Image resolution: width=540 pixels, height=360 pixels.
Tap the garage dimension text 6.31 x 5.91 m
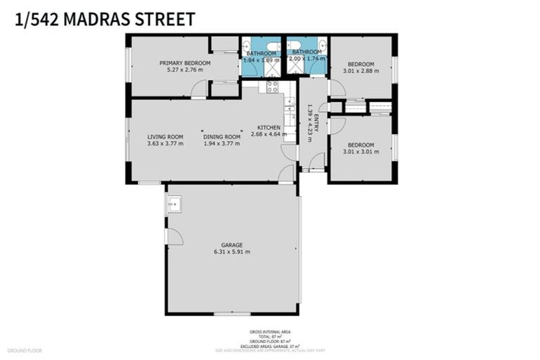pos(231,252)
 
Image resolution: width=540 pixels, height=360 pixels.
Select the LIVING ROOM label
pos(165,136)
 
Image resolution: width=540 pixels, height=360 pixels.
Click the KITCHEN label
pos(269,127)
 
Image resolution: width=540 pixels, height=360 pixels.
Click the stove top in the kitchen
pos(271,87)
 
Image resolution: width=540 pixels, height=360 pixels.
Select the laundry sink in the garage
pos(174,205)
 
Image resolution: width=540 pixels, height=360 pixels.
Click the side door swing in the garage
pos(174,237)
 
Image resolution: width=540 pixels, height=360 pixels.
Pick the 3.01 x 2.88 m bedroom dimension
pos(361,70)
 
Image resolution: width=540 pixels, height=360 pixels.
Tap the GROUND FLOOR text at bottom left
pos(25,349)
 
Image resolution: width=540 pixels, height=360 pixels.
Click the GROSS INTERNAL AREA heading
pos(270,331)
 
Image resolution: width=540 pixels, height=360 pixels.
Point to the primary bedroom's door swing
pos(201,89)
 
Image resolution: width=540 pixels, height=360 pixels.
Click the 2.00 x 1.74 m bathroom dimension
pos(307,59)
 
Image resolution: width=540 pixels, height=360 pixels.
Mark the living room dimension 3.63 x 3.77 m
pos(165,143)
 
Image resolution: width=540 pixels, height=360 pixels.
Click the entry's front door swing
pos(317,162)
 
